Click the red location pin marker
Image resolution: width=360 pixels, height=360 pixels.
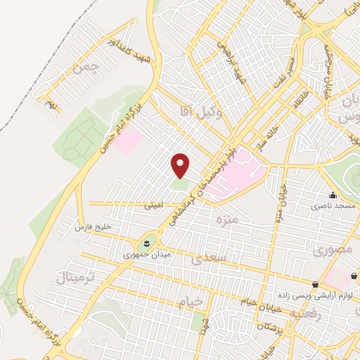181,166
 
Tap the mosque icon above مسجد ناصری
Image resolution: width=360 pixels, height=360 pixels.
332,196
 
